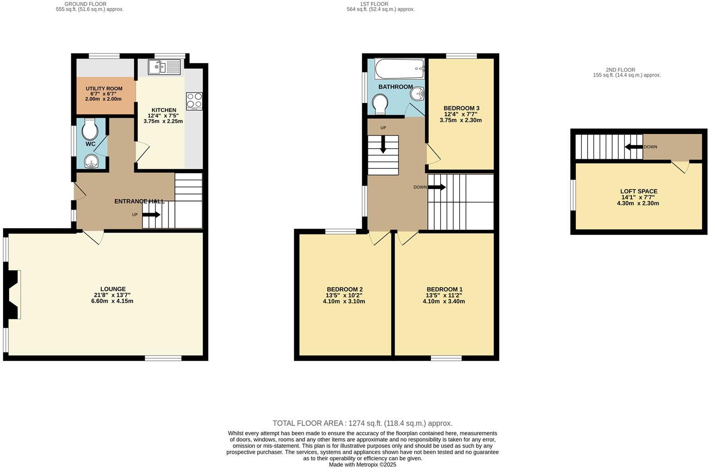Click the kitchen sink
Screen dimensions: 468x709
click(164, 67)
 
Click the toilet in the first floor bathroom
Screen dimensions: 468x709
click(379, 105)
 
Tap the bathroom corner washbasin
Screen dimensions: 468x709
click(417, 94)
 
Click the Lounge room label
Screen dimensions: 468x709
click(113, 289)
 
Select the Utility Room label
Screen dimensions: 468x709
click(104, 88)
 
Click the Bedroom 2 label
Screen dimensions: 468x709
click(344, 289)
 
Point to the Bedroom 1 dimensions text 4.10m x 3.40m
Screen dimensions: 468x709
click(444, 301)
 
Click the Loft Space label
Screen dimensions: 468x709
click(639, 191)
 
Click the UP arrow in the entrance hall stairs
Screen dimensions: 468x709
click(152, 214)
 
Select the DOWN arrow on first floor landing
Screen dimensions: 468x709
click(437, 187)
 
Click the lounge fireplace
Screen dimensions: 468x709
click(14, 295)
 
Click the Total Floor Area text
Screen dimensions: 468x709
click(362, 423)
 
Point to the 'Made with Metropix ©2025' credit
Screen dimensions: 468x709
click(362, 464)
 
